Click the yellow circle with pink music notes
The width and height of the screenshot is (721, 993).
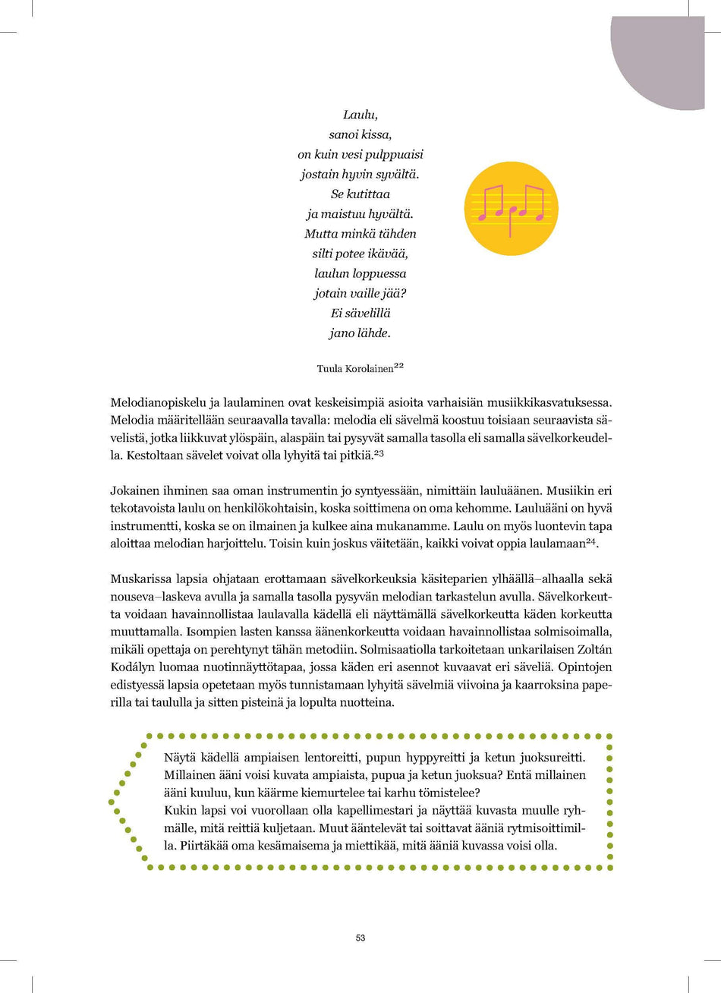pyautogui.click(x=511, y=208)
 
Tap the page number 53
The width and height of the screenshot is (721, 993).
pyautogui.click(x=360, y=938)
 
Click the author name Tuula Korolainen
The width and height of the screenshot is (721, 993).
pyautogui.click(x=355, y=369)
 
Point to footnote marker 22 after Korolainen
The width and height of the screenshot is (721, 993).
pyautogui.click(x=398, y=366)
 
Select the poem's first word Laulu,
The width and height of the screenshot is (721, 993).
pyautogui.click(x=360, y=115)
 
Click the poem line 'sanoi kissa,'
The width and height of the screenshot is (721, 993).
pyautogui.click(x=360, y=135)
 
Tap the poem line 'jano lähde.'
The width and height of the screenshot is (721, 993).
pyautogui.click(x=360, y=333)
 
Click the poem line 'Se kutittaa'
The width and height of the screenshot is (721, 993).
pyautogui.click(x=360, y=194)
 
